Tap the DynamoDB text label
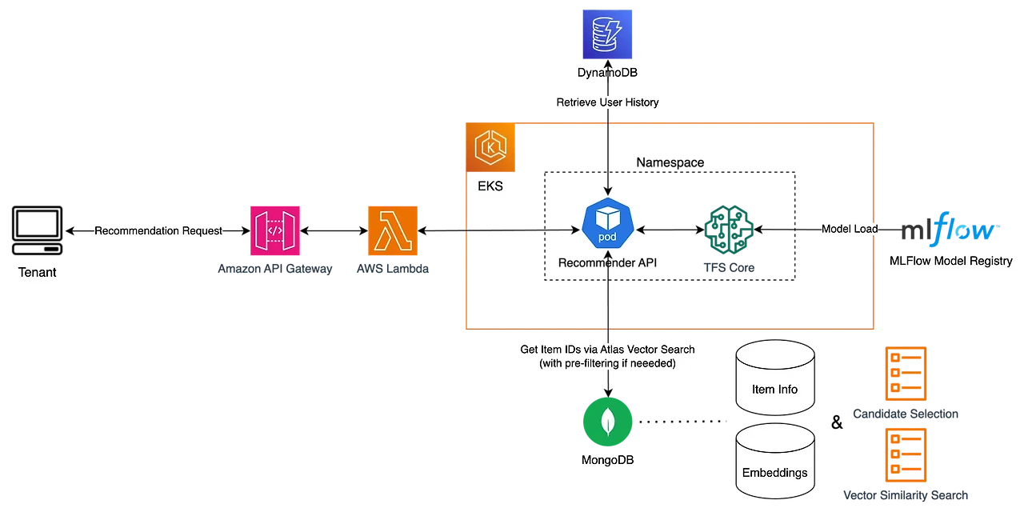click(x=607, y=74)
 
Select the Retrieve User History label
click(x=607, y=102)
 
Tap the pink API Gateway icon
click(x=274, y=230)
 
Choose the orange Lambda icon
click(x=392, y=230)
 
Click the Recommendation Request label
click(x=158, y=230)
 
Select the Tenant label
click(x=38, y=273)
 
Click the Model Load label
click(x=849, y=229)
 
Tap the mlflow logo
click(x=950, y=230)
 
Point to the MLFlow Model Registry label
click(x=950, y=261)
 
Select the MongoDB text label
click(x=607, y=462)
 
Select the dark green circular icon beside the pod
click(x=728, y=229)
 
